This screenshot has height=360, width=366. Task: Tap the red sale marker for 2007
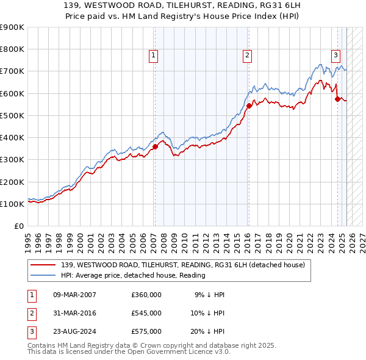pos(155,146)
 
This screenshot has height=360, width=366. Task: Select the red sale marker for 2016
pos(249,106)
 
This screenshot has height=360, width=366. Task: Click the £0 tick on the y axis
pos(19,226)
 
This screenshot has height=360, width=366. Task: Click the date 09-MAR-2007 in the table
pos(74,295)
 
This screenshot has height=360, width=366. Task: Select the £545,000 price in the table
pos(146,313)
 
